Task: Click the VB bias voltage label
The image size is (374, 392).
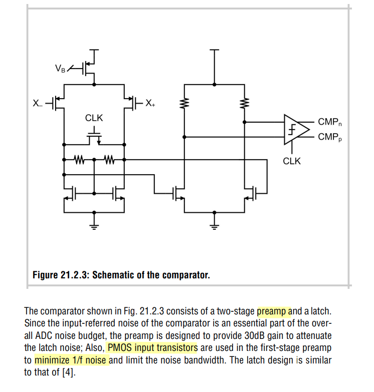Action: [60, 68]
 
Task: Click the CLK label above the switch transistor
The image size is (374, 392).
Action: [94, 118]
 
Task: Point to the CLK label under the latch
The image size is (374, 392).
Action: [292, 161]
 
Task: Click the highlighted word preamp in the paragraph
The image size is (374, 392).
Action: [274, 311]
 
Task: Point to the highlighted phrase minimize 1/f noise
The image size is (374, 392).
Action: [71, 359]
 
